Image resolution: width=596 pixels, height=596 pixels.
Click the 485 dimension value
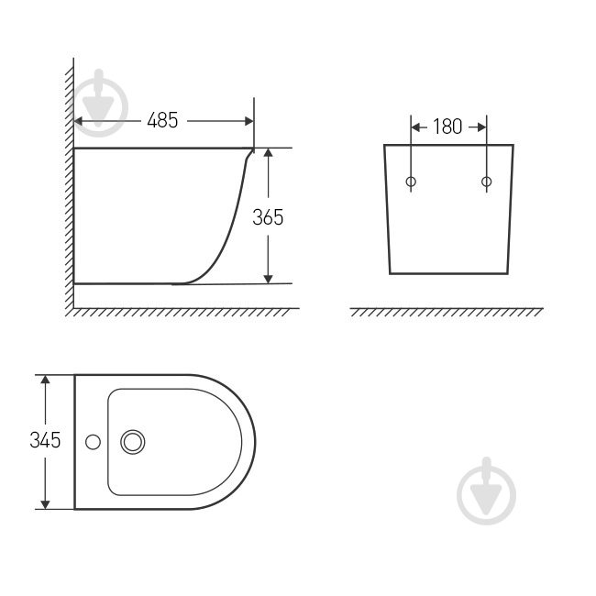pyautogui.click(x=162, y=120)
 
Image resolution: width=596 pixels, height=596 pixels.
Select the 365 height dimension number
pyautogui.click(x=268, y=217)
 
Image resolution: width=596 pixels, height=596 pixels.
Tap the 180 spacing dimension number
pyautogui.click(x=447, y=127)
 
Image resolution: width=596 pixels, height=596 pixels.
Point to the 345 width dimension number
pyautogui.click(x=45, y=440)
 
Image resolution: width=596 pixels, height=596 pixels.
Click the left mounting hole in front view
pyautogui.click(x=411, y=182)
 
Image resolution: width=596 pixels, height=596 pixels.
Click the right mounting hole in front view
pyautogui.click(x=487, y=182)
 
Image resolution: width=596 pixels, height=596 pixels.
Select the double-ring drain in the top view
pyautogui.click(x=133, y=442)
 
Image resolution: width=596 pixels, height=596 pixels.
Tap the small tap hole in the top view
pyautogui.click(x=94, y=442)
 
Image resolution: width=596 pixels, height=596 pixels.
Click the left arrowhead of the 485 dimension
pyautogui.click(x=78, y=121)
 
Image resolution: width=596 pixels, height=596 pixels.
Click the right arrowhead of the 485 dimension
pyautogui.click(x=249, y=121)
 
